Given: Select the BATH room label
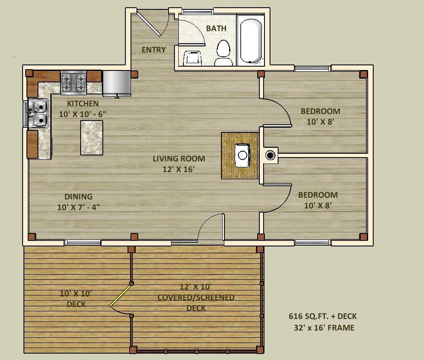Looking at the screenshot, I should click(x=216, y=29).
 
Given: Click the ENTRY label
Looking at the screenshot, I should click(x=154, y=50).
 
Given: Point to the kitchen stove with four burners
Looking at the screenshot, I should click(x=73, y=82).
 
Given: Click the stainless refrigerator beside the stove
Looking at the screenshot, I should click(x=116, y=82).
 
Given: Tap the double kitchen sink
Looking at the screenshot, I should click(x=38, y=113).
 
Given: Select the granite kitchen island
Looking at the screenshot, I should click(x=92, y=138).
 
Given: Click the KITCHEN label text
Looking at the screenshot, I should click(x=83, y=103).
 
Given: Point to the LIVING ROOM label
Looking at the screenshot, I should click(x=179, y=158).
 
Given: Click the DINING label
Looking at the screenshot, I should click(x=78, y=196).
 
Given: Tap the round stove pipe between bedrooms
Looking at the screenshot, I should click(x=270, y=155).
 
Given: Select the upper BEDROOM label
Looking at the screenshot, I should click(x=320, y=111).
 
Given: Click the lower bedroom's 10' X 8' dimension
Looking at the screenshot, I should click(x=318, y=205).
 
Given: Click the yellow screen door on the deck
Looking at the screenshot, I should click(x=120, y=296).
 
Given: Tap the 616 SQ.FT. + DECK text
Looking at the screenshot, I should click(x=322, y=316).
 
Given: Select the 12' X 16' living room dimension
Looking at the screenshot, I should click(x=179, y=169).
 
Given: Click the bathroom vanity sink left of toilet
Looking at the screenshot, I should click(x=192, y=59).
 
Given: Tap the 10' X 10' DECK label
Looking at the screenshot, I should click(x=76, y=299).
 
